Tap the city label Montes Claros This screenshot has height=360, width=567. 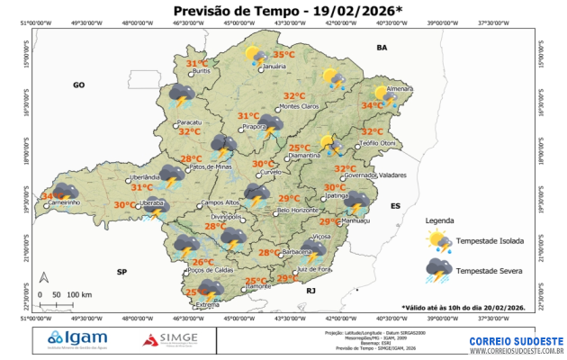301,107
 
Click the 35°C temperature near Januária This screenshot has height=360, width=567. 284,55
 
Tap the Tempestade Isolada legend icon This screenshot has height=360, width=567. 440,240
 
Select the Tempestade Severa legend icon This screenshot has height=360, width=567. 440,269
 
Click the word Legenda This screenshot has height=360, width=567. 441,220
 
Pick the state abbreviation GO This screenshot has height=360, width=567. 78,84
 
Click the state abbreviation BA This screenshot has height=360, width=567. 381,47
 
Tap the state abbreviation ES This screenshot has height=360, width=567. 394,206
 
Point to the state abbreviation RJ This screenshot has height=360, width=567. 311,291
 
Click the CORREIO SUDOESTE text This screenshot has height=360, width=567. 516,338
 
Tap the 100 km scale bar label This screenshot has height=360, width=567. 79,294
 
